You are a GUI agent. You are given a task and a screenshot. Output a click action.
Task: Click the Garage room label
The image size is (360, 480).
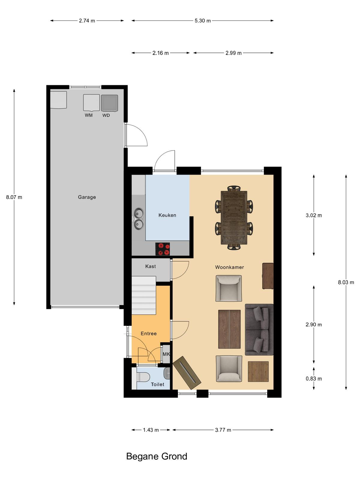(x=87, y=197)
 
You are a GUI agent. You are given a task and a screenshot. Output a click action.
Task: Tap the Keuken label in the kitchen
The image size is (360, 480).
(x=167, y=215)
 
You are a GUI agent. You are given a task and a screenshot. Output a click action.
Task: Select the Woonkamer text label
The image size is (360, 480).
(x=229, y=267)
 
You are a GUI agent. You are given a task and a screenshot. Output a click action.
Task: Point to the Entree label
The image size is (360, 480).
(x=148, y=334)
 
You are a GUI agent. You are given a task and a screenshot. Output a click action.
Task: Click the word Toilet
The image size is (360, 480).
(x=157, y=384)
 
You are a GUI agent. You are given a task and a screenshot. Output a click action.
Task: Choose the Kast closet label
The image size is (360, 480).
(x=150, y=266)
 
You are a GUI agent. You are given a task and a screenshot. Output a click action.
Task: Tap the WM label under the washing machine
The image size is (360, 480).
(x=88, y=115)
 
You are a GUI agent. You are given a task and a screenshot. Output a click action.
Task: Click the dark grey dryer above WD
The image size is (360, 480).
(x=109, y=103)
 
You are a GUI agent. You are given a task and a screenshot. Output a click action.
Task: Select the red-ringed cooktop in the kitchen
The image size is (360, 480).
(x=163, y=249)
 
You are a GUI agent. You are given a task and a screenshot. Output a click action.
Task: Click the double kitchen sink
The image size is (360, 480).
(x=139, y=218)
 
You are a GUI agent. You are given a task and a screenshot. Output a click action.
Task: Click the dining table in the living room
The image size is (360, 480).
(x=234, y=218)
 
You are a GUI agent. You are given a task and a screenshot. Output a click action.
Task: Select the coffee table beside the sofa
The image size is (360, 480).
(x=229, y=329)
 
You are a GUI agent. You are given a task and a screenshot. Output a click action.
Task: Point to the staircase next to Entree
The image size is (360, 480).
(x=144, y=295)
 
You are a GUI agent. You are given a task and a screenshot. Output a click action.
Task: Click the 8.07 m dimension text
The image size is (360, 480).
(x=14, y=197)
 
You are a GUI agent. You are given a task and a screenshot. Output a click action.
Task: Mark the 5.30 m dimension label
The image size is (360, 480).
(x=202, y=21)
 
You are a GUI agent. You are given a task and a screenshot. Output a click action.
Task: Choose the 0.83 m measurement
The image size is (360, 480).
(x=314, y=379)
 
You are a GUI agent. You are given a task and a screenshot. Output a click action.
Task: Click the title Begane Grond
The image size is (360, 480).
(x=157, y=456)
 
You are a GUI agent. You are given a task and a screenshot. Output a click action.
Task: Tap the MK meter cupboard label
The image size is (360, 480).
(x=166, y=354)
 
